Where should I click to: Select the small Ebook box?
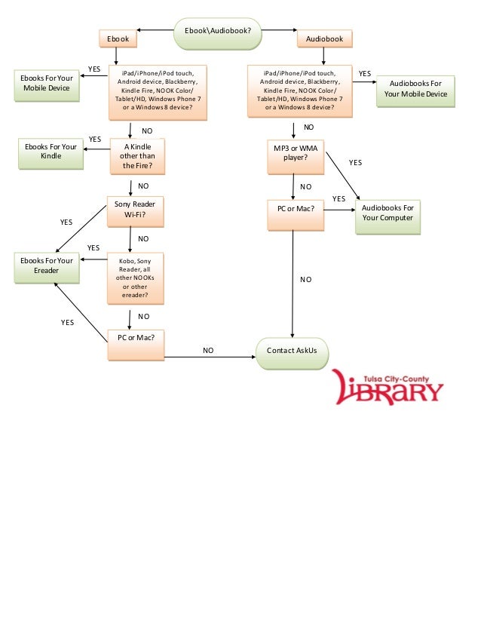[x=118, y=38]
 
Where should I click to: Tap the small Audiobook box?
[x=324, y=38]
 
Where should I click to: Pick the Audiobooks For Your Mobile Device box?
[x=415, y=89]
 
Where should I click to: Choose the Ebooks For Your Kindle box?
[x=51, y=152]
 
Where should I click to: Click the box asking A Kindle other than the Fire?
[x=136, y=156]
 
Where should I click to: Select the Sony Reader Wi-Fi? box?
[x=135, y=210]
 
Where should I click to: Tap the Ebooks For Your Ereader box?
[x=46, y=265]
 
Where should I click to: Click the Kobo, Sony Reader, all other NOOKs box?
[x=135, y=278]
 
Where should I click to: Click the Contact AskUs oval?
[x=292, y=351]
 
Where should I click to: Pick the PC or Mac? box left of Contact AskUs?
[x=136, y=343]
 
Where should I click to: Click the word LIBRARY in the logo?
[x=389, y=389]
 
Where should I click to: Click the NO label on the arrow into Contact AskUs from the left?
[x=208, y=351]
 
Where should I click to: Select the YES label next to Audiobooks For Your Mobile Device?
[x=365, y=74]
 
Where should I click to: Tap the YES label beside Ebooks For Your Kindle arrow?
[x=95, y=140]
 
